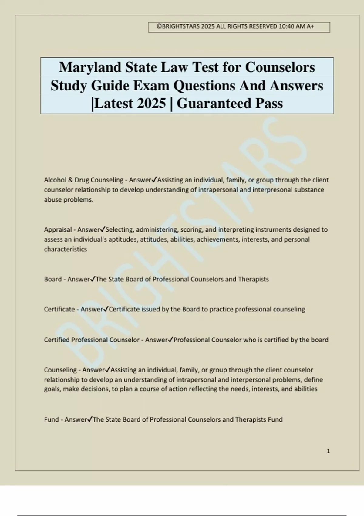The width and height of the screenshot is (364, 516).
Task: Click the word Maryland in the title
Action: [x=90, y=67]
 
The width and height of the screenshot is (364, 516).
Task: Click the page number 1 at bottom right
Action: [x=328, y=451]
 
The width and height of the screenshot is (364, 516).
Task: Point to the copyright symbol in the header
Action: [x=159, y=26]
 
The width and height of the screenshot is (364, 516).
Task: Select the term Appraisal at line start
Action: [x=58, y=230]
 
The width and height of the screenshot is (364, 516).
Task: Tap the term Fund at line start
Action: [x=51, y=419]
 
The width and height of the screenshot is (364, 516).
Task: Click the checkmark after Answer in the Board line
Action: [x=93, y=279]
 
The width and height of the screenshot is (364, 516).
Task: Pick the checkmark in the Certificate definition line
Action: [x=106, y=309]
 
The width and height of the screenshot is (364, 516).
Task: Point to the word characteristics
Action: [x=66, y=249]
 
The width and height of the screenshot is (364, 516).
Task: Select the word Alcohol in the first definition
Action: [x=54, y=180]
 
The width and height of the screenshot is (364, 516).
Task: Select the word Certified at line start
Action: [x=57, y=340]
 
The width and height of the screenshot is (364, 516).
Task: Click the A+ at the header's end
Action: [x=310, y=26]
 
